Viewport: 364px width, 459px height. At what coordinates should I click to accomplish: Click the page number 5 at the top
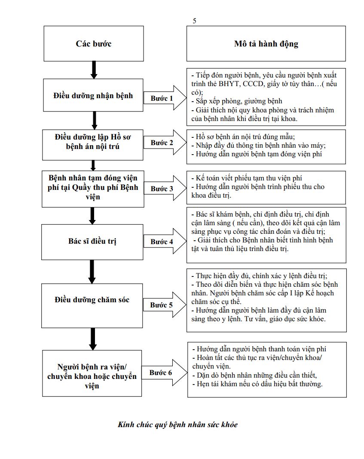point(195,21)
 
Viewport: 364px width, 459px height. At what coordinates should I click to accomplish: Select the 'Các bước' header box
point(94,43)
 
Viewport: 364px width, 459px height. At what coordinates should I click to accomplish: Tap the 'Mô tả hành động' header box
point(266,43)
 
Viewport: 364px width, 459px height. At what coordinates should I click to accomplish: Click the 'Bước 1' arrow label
point(162,98)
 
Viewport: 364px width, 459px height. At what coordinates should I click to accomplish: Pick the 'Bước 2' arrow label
point(162,143)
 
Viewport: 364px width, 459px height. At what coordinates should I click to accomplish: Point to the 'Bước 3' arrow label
point(162,189)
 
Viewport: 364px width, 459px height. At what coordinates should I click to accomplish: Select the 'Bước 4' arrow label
point(162,242)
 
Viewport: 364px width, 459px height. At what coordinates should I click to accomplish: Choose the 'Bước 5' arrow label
point(162,305)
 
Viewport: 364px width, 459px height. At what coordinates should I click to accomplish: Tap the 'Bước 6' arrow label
point(161,372)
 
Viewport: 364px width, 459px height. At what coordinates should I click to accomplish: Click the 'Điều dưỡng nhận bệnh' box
point(93,95)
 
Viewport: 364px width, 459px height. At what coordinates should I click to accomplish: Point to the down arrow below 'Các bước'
point(94,69)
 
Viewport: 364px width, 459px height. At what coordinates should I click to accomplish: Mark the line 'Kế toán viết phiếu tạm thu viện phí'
point(250,178)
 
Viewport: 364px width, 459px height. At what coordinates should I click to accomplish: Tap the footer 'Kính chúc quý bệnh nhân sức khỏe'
point(177,425)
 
